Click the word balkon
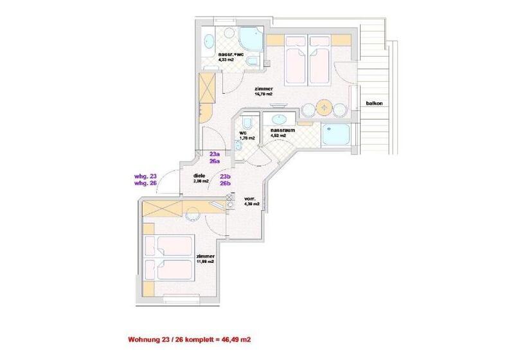(375, 103)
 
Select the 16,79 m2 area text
(263, 94)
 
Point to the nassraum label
(282, 130)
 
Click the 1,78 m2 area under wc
(247, 138)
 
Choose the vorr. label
(250, 199)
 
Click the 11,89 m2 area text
(206, 262)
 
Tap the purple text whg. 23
(146, 175)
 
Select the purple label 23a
(215, 154)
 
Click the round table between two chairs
(325, 108)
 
